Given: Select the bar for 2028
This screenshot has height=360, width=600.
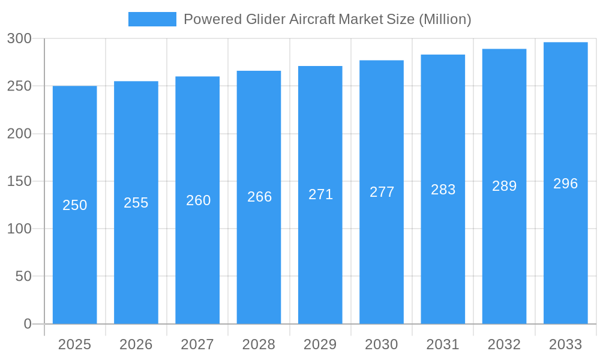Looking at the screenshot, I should [259, 264].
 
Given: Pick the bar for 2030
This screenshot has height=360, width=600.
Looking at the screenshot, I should [382, 264].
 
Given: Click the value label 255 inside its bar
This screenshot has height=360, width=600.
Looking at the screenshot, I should [136, 203].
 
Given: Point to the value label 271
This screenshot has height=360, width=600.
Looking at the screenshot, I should [321, 194].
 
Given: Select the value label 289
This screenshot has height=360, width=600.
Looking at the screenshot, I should [505, 186].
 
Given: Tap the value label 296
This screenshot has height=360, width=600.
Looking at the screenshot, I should [566, 184].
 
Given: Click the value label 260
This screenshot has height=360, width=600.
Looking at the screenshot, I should [199, 200].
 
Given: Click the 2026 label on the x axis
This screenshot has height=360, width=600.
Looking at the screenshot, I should [136, 344].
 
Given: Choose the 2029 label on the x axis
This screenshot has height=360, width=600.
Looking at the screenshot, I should [320, 344].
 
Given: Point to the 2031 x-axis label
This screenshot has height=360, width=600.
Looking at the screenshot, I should [443, 344].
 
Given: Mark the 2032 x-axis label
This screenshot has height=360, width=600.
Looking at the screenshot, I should [505, 344].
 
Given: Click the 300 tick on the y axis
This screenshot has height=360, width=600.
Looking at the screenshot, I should [20, 38].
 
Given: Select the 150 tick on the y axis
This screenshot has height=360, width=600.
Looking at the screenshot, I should [20, 181].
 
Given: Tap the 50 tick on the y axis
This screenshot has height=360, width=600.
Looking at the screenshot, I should [23, 277].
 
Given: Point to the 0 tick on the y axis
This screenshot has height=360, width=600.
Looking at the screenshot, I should [28, 324].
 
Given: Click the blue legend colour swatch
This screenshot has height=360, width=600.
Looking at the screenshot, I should [152, 19].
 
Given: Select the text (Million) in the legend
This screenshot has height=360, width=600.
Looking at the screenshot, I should [445, 19].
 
